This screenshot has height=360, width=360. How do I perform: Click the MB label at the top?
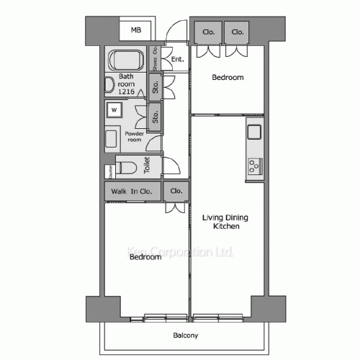(x=135, y=30)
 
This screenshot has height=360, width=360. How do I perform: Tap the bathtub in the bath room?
(x=126, y=59)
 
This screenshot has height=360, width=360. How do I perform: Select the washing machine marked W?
(x=114, y=109)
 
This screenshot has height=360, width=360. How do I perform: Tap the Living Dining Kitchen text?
(x=221, y=222)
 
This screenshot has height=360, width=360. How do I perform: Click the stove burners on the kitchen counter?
(x=254, y=167)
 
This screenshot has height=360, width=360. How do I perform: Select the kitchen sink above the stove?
(x=254, y=132)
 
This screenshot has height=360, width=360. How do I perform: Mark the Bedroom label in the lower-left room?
(x=145, y=257)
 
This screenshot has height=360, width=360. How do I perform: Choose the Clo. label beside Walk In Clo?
(x=176, y=192)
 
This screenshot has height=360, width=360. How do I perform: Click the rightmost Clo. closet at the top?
(x=237, y=32)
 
